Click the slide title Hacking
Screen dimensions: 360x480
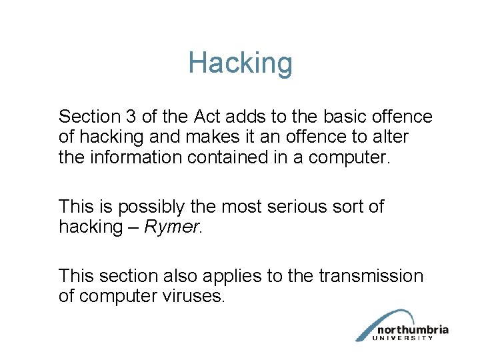240,63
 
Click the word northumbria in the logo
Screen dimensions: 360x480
412,329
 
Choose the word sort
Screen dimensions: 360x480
350,207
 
